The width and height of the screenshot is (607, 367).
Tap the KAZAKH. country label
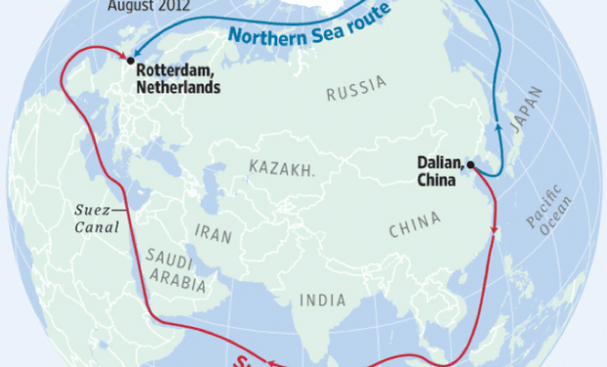[283, 168]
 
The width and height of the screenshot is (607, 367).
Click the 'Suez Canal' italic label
[97, 219]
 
